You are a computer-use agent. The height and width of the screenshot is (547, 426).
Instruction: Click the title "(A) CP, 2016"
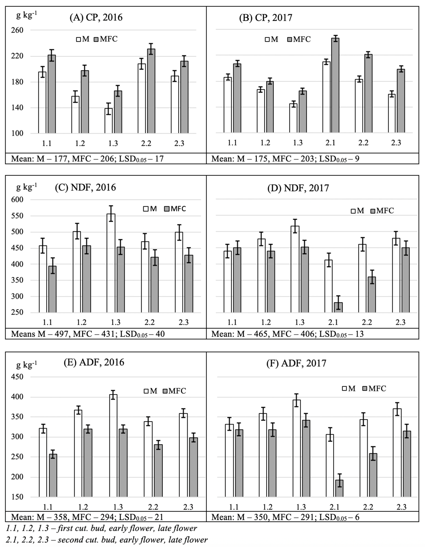tap(96, 18)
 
